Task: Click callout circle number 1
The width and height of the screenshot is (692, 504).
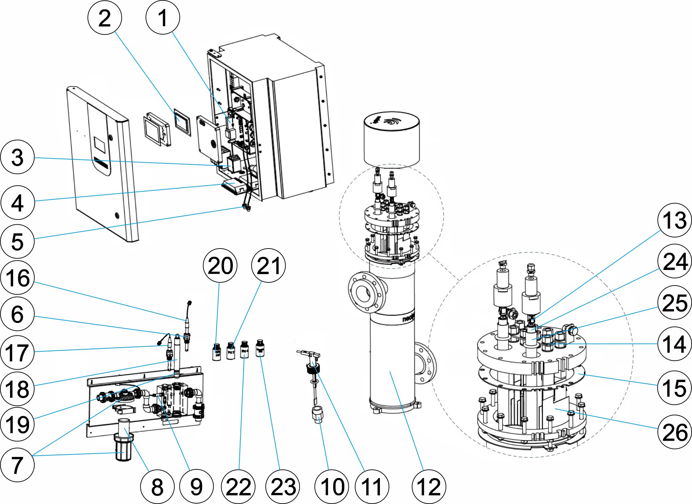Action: tap(163, 17)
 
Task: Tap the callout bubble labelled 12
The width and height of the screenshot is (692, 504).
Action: tap(429, 486)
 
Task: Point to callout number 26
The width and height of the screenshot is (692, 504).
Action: tap(674, 432)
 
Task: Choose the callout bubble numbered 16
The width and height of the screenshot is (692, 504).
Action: tap(18, 278)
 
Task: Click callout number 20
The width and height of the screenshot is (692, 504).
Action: tap(220, 265)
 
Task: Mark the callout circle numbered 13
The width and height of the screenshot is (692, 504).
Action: tap(674, 220)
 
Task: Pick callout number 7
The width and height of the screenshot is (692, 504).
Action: tap(18, 465)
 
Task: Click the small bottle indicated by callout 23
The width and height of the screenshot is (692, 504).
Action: tap(260, 348)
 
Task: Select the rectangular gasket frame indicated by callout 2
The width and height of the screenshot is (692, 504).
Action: tap(182, 120)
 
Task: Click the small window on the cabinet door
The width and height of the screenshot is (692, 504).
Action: tap(100, 144)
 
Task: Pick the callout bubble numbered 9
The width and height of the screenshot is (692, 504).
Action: tap(197, 486)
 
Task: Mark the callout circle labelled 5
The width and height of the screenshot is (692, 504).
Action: tap(18, 241)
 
